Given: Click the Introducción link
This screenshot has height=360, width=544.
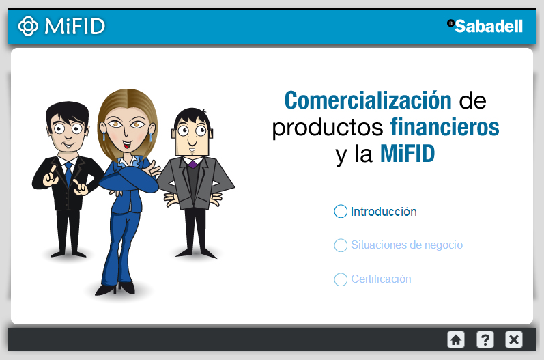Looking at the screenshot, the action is pyautogui.click(x=384, y=211).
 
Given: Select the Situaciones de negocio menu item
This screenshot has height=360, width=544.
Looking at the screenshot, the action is pyautogui.click(x=407, y=245).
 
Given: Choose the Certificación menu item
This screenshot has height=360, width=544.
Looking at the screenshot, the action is pyautogui.click(x=381, y=279).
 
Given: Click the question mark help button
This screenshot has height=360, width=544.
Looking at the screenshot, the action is pyautogui.click(x=485, y=340).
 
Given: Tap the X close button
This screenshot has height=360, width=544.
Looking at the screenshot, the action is pyautogui.click(x=514, y=340).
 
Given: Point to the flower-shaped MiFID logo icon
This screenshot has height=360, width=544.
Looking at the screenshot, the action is pyautogui.click(x=28, y=26).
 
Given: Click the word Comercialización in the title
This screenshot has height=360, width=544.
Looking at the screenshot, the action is pyautogui.click(x=368, y=100).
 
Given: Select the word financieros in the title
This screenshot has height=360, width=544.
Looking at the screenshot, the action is pyautogui.click(x=444, y=127).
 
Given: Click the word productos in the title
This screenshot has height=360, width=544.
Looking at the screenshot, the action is pyautogui.click(x=328, y=128).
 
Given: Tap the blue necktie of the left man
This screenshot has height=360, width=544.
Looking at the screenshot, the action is pyautogui.click(x=69, y=173).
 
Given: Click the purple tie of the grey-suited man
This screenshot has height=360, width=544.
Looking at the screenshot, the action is pyautogui.click(x=192, y=163).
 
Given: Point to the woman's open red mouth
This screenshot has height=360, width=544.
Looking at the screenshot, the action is pyautogui.click(x=128, y=144).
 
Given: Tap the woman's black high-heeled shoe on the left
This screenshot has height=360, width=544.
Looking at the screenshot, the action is pyautogui.click(x=106, y=290).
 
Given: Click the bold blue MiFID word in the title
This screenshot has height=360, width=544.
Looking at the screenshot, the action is pyautogui.click(x=407, y=154).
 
